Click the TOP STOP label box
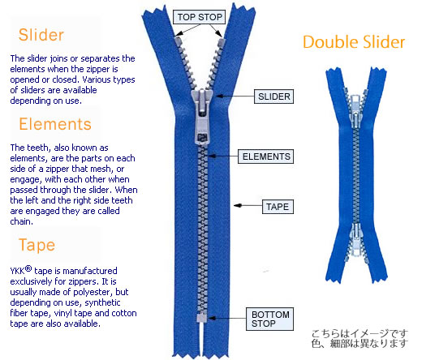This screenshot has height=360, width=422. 200,17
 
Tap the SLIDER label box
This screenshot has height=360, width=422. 273,96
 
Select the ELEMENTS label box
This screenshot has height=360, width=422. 266,156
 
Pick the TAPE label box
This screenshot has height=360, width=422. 278,207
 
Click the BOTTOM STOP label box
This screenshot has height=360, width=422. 270,319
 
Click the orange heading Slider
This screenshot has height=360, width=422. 41,35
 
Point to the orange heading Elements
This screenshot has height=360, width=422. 55,124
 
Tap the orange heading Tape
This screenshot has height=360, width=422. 37,245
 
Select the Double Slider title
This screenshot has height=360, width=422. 354,42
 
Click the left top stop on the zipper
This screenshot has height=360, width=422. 178,41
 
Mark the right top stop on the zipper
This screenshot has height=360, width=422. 221,42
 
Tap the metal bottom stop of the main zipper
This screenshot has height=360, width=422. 201,318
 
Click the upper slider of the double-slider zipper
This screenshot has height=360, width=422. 355,111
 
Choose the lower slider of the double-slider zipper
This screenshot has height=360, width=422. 356,240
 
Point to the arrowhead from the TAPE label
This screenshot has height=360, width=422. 238,206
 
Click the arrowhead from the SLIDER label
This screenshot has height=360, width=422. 219,96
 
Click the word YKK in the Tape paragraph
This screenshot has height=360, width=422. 17,271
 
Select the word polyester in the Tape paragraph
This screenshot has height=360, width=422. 93,292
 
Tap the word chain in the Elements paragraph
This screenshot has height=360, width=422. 21,221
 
